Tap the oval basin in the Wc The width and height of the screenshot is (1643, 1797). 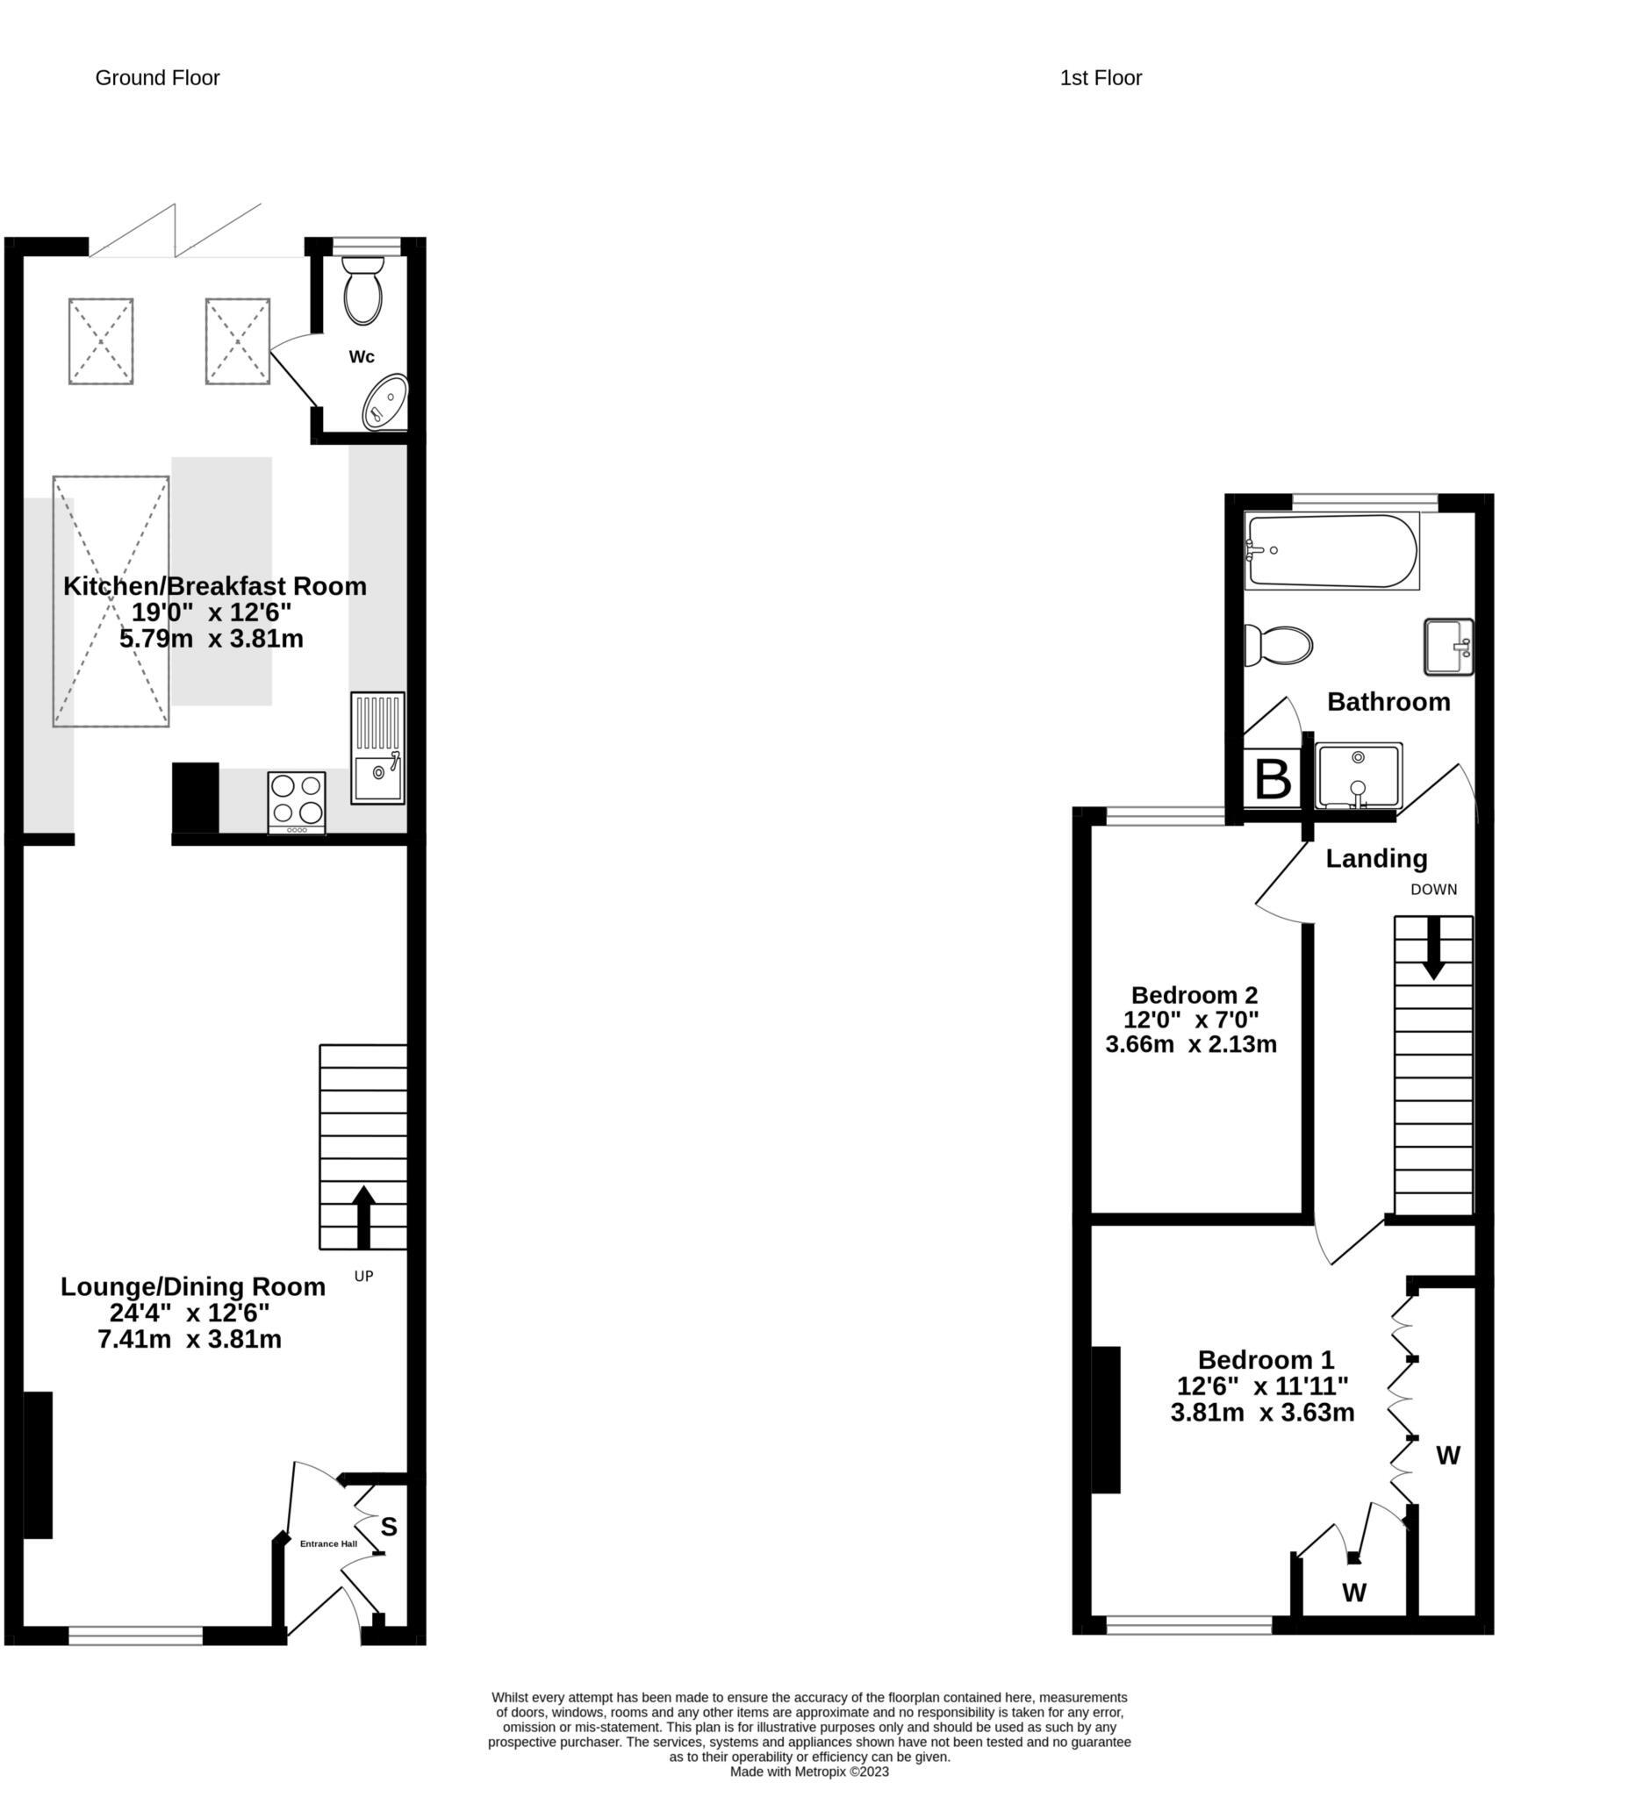385,402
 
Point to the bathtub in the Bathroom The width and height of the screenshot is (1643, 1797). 1331,551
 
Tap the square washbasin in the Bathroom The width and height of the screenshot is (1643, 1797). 1448,647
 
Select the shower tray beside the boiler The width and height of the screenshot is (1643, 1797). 1358,777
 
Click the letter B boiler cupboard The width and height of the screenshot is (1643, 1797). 1272,780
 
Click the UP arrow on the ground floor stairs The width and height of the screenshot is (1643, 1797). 362,1217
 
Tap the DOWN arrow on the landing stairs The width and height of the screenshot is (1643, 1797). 1433,949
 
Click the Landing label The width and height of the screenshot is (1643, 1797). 1375,858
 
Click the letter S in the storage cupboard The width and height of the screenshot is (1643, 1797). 389,1528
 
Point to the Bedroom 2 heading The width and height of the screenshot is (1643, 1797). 1194,995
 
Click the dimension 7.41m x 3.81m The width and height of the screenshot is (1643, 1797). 189,1339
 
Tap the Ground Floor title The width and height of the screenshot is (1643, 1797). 157,77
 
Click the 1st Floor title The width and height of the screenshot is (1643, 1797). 1100,77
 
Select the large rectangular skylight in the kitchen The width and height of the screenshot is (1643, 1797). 111,601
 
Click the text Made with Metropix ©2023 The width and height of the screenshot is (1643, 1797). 808,1772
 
